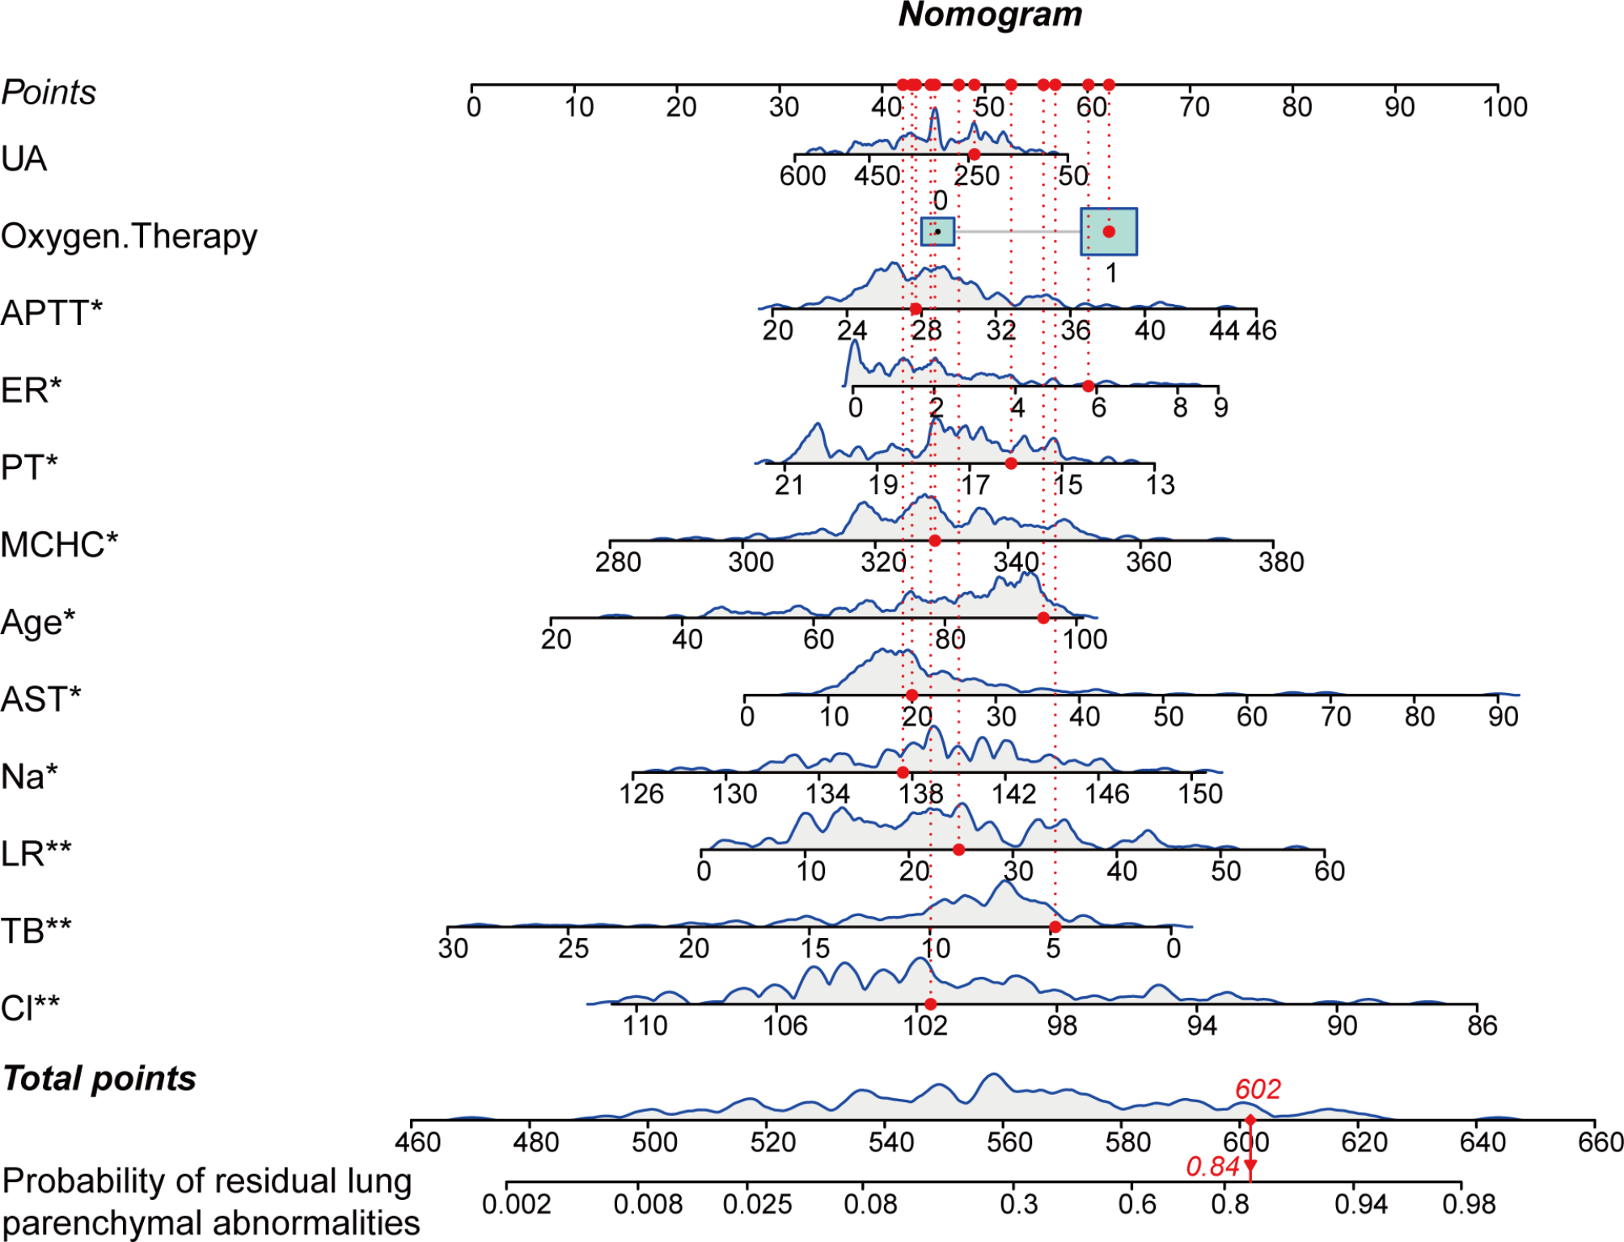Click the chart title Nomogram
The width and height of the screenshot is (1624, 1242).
990,15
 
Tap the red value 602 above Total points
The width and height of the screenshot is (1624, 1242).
1258,1089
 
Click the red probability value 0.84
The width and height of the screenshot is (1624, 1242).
1212,1166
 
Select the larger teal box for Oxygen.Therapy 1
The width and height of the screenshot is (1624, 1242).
1109,232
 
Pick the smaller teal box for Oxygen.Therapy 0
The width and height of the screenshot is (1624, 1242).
937,232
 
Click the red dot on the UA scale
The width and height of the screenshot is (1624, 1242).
974,154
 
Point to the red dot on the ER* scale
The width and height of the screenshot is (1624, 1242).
1089,386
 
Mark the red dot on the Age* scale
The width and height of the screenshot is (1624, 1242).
1043,618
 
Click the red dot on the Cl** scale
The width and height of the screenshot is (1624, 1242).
931,1004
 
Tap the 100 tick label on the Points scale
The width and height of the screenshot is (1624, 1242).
1504,107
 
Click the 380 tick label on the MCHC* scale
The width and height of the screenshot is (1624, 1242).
1281,562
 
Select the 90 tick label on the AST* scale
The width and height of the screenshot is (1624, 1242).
1503,716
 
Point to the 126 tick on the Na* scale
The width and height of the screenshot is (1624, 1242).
641,793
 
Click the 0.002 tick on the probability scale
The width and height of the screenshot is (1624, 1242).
516,1204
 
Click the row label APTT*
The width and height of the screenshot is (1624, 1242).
52,313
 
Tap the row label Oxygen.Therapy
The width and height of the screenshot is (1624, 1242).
129,236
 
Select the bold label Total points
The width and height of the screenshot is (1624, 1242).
99,1079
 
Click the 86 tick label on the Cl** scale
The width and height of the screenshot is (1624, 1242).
1482,1025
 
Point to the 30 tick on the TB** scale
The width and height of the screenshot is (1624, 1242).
453,948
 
